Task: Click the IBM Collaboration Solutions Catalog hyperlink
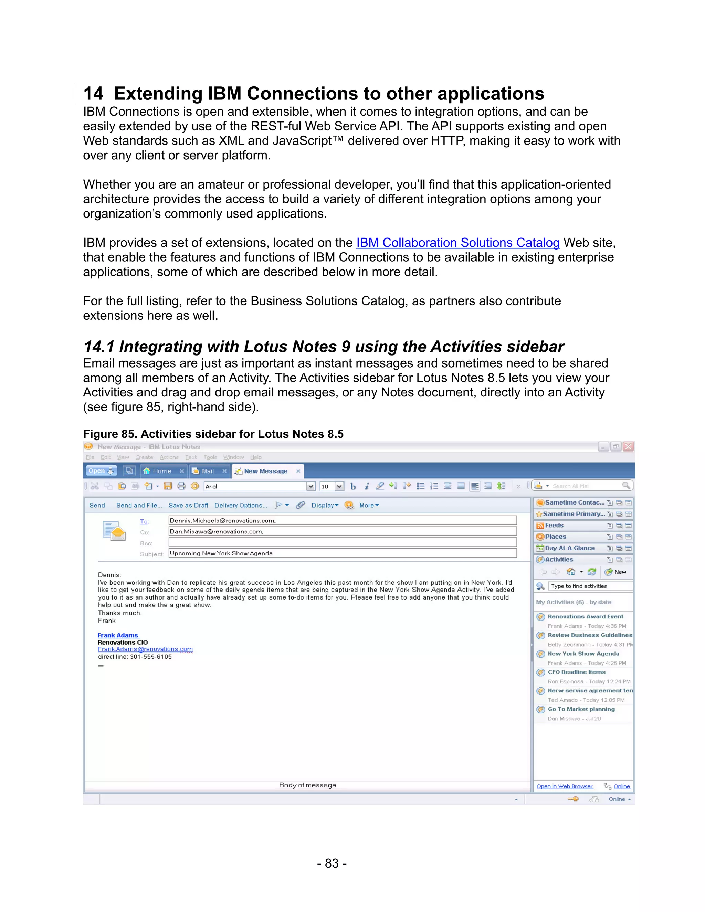(x=457, y=243)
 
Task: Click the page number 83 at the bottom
(x=332, y=863)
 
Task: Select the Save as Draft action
(x=188, y=505)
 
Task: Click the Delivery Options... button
(x=241, y=505)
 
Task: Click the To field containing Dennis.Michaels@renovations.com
(x=343, y=520)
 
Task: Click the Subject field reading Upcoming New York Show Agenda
(x=343, y=553)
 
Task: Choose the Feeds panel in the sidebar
(x=554, y=525)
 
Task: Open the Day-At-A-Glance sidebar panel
(x=569, y=548)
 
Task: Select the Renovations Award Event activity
(x=585, y=616)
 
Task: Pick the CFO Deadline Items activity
(x=576, y=672)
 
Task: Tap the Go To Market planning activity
(x=581, y=709)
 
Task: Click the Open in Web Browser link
(x=564, y=786)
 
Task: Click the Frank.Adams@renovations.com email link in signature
(x=145, y=649)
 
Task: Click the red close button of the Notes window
(x=628, y=446)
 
